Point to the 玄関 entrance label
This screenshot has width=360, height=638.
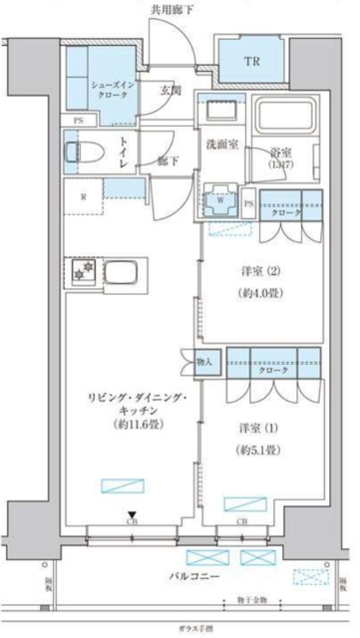(x=170, y=91)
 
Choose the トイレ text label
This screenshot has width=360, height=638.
(x=124, y=153)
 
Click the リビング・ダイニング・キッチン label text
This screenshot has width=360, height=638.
(x=126, y=410)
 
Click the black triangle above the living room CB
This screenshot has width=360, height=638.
(x=131, y=514)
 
